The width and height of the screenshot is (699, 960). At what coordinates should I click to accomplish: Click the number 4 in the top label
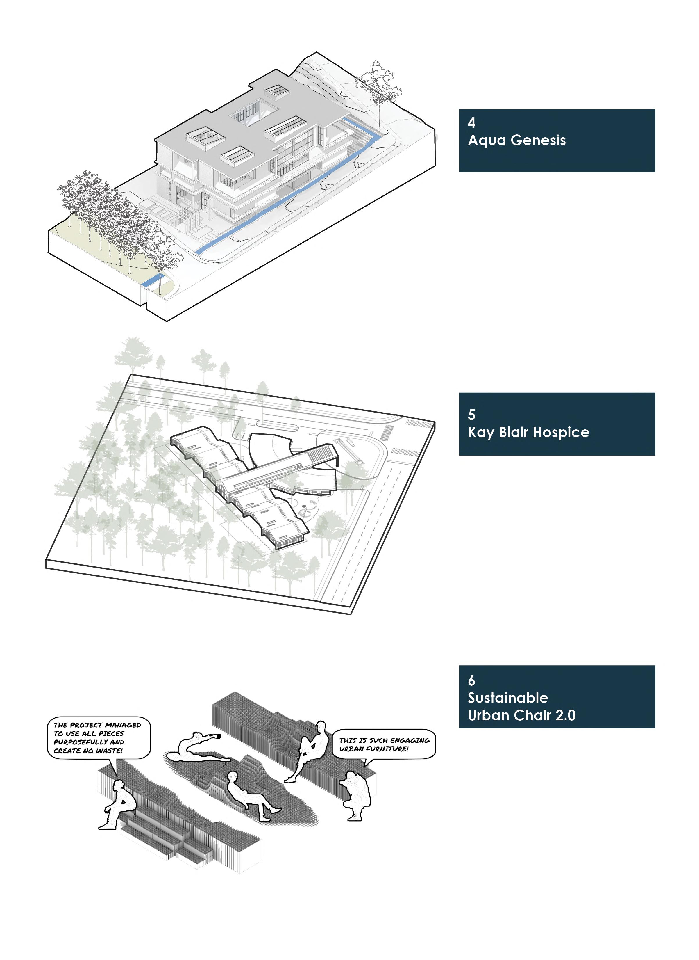click(471, 123)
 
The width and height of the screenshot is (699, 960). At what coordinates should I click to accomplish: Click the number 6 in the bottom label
click(471, 680)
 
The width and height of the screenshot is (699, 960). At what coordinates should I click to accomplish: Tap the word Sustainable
click(508, 698)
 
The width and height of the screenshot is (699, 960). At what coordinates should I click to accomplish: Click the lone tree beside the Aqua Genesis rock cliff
click(378, 87)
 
